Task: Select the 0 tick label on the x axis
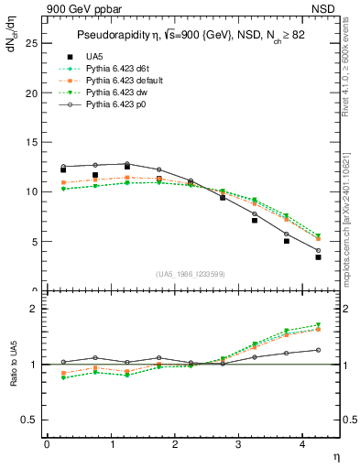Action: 47,443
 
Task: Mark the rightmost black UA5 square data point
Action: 318,257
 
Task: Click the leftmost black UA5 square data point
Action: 62,169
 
